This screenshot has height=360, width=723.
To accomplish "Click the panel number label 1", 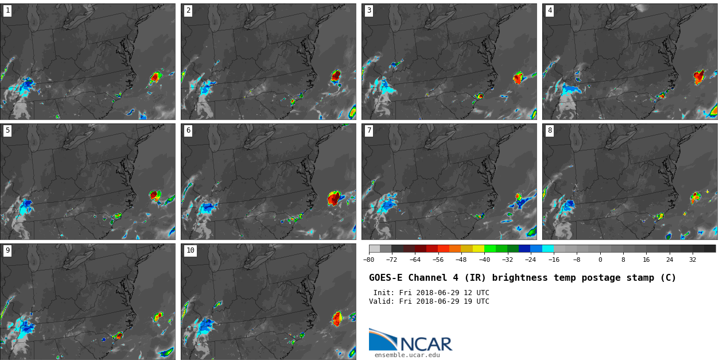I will (x=7, y=10).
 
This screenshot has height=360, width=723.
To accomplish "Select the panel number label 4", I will (x=550, y=10).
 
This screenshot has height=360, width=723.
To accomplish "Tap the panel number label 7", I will (x=369, y=130).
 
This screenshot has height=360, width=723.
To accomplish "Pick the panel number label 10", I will (x=190, y=250).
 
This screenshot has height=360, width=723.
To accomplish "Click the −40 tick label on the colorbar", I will (x=484, y=260).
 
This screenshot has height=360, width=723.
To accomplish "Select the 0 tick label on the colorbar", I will (x=600, y=260).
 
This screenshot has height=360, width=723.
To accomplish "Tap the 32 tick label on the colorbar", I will (x=693, y=260).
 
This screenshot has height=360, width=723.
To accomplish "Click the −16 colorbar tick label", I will (x=554, y=260).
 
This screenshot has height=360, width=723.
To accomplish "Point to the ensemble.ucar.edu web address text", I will (x=407, y=355).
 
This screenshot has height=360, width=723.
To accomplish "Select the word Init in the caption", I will (x=383, y=293).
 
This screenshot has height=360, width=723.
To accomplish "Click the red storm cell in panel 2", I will (x=336, y=75).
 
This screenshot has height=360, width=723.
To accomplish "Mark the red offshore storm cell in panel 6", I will (x=333, y=199).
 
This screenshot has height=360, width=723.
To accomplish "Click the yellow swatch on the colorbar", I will (x=478, y=249).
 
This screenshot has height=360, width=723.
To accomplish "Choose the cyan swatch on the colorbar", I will (x=548, y=249).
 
